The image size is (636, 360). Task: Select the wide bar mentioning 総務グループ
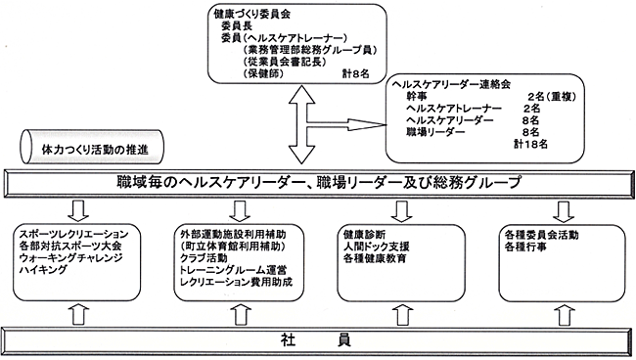317,183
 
